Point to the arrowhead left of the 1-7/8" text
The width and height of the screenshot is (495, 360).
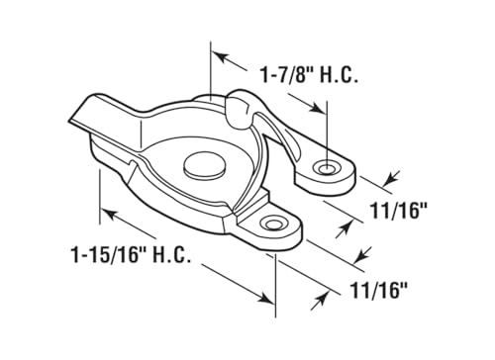220,54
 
